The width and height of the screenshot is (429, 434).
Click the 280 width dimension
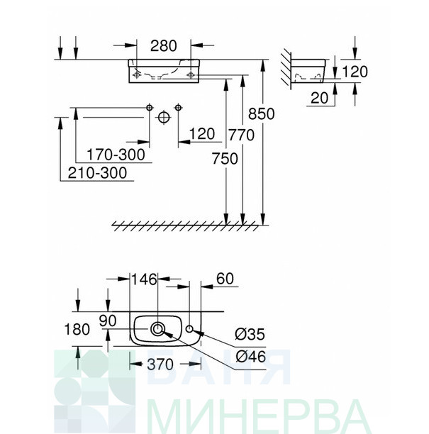[163, 46]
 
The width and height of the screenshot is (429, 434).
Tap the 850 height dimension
[261, 113]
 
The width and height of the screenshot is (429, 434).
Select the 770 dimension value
[241, 135]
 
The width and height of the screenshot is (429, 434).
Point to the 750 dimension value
[225, 159]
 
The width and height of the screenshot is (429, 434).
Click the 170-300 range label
[116, 155]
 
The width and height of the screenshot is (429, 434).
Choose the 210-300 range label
[97, 173]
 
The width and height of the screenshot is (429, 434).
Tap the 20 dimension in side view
[319, 98]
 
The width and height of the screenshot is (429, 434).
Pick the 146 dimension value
[144, 279]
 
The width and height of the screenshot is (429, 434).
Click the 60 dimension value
[225, 279]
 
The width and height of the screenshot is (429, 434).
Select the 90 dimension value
[108, 321]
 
